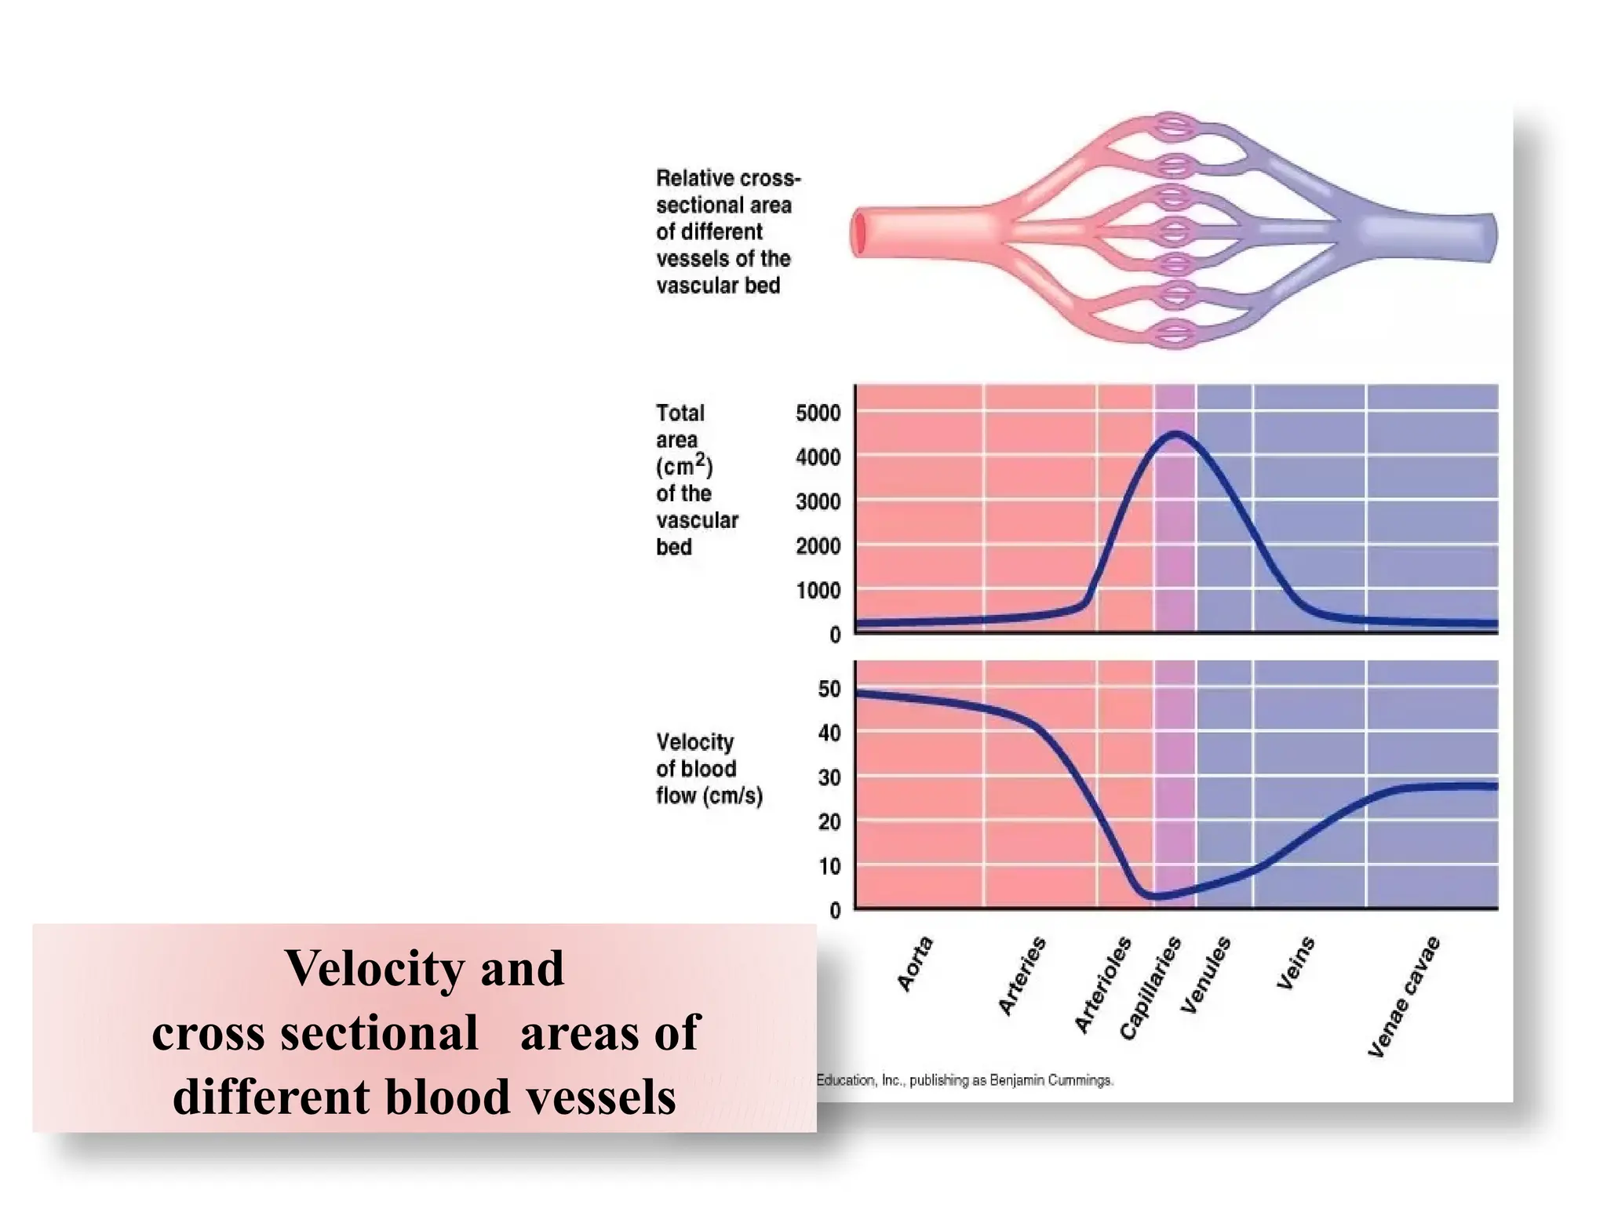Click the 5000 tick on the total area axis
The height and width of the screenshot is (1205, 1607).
click(818, 413)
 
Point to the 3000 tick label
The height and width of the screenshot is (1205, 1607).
click(818, 501)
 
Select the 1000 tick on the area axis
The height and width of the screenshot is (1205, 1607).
click(818, 590)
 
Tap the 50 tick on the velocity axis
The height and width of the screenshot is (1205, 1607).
click(829, 689)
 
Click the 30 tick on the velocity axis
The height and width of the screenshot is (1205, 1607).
click(829, 777)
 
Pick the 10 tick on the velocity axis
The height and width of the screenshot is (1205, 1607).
click(829, 866)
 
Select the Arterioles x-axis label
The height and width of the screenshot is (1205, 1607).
click(1103, 985)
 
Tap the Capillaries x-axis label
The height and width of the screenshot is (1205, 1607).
click(1150, 988)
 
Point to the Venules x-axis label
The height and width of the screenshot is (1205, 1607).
click(1206, 975)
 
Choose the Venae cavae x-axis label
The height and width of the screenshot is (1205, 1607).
click(1404, 996)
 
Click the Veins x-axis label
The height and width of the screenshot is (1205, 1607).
click(1295, 963)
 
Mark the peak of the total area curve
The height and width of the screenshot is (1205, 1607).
click(1175, 434)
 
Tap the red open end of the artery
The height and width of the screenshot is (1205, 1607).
click(859, 234)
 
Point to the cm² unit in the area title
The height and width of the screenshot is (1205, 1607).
click(683, 466)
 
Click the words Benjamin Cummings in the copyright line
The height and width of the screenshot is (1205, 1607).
click(1051, 1080)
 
